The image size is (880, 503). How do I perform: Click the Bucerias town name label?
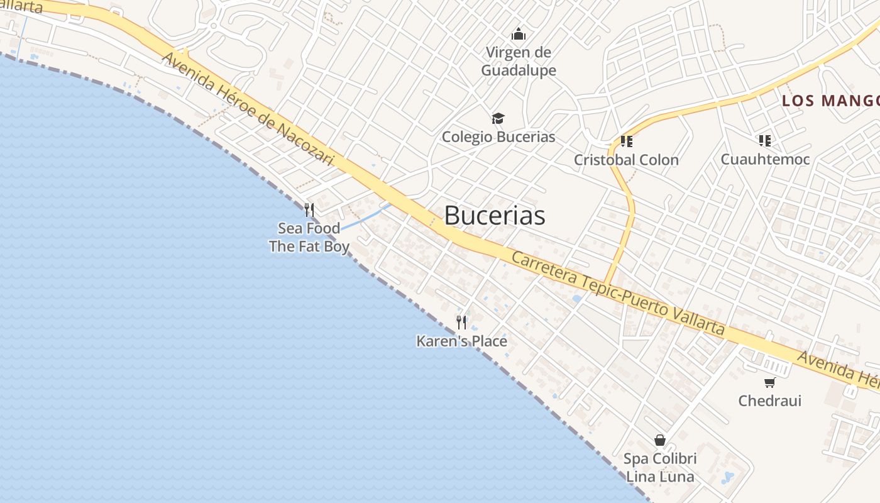[494, 216]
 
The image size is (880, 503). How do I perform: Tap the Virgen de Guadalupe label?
[519, 62]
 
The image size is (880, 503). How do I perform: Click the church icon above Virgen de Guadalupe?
[519, 34]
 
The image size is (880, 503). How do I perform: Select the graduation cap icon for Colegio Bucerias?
[498, 118]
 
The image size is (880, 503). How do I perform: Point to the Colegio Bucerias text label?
[498, 137]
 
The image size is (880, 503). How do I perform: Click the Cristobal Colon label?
[626, 160]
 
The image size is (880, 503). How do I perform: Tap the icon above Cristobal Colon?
[626, 141]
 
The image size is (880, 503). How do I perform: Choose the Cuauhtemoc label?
[765, 159]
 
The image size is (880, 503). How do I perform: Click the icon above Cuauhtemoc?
[764, 140]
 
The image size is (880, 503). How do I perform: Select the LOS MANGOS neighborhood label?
[830, 101]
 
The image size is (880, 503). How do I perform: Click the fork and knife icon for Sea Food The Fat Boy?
[309, 209]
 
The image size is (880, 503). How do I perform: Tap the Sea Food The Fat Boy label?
[309, 237]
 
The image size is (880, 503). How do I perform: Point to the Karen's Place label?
[461, 341]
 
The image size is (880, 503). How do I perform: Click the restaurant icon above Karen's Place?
[461, 323]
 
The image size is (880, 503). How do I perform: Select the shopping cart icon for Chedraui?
[769, 382]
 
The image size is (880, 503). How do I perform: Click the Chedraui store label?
[770, 401]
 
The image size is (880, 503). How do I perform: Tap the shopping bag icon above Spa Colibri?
[660, 440]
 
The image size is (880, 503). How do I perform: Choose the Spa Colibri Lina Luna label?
[660, 468]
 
